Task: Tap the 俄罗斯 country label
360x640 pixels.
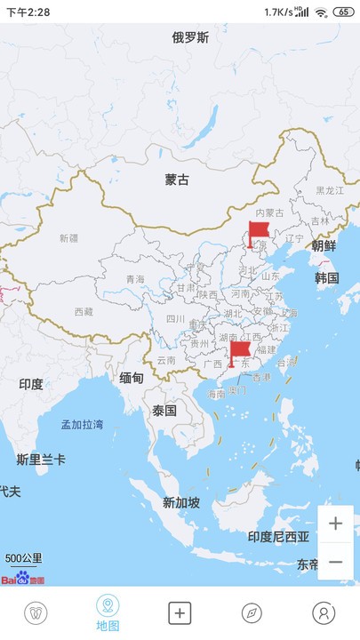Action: coord(191,37)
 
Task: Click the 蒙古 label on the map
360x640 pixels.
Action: coord(177,180)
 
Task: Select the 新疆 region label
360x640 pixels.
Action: coord(68,238)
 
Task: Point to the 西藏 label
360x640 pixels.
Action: coord(83,312)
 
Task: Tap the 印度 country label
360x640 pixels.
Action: coord(31,383)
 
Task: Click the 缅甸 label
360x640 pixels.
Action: coord(132,378)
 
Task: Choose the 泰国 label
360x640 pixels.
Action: coord(164,411)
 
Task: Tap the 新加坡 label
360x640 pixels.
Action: coord(181,502)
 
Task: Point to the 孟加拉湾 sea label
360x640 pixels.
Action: coord(82,424)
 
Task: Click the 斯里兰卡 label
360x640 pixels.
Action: coord(41,459)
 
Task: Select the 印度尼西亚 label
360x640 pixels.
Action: coord(278,536)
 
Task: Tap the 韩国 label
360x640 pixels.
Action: coord(326,277)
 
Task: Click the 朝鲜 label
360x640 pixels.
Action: coord(324,245)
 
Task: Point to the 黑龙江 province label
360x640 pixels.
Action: coord(330,190)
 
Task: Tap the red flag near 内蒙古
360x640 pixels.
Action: coord(258,234)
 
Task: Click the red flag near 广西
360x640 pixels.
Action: coord(239,354)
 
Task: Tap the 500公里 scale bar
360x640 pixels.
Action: coord(23,560)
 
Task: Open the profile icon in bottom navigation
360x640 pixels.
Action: coord(324,613)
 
